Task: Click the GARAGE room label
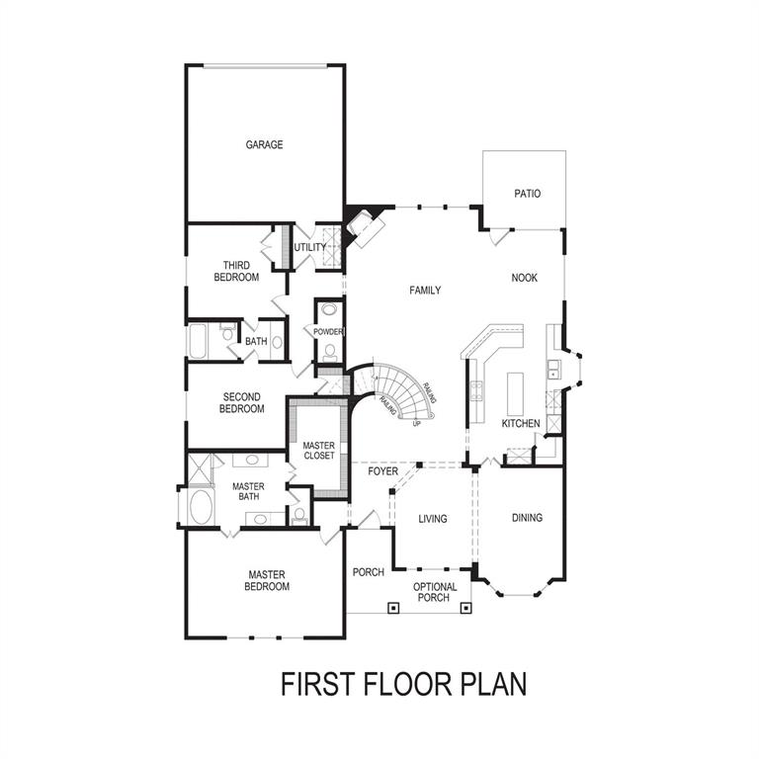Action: [x=264, y=145]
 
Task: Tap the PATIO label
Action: [x=527, y=194]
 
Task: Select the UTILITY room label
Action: [x=309, y=247]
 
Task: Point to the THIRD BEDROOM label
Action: [x=236, y=272]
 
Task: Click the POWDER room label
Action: [x=328, y=332]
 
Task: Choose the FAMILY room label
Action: [x=425, y=291]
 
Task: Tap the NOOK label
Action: [x=524, y=278]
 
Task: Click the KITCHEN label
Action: [x=521, y=424]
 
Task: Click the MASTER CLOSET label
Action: [x=319, y=450]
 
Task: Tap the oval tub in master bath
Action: [x=200, y=509]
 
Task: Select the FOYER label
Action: [x=382, y=472]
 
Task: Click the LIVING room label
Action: [x=433, y=519]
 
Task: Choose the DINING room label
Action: [x=527, y=518]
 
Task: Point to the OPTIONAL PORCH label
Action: [x=436, y=592]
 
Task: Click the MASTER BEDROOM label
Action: [x=268, y=580]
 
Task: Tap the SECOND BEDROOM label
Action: [x=241, y=403]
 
